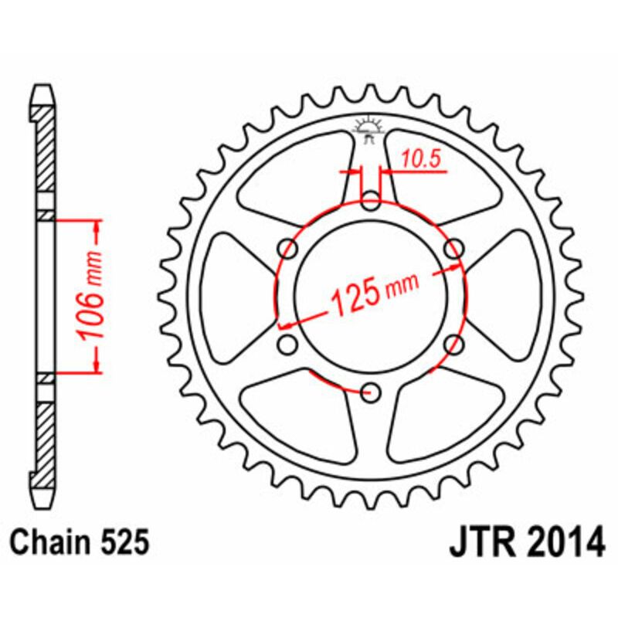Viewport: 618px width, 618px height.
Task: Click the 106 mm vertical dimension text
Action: click(x=91, y=296)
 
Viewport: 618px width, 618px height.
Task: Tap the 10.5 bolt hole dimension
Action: click(x=420, y=160)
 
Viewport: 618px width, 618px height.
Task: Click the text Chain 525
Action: click(x=80, y=543)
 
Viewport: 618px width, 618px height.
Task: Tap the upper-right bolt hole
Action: click(x=454, y=249)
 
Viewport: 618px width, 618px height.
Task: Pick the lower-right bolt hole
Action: click(x=454, y=344)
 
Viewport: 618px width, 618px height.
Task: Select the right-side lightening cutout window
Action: click(x=515, y=297)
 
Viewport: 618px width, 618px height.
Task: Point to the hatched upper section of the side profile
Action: click(x=46, y=147)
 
